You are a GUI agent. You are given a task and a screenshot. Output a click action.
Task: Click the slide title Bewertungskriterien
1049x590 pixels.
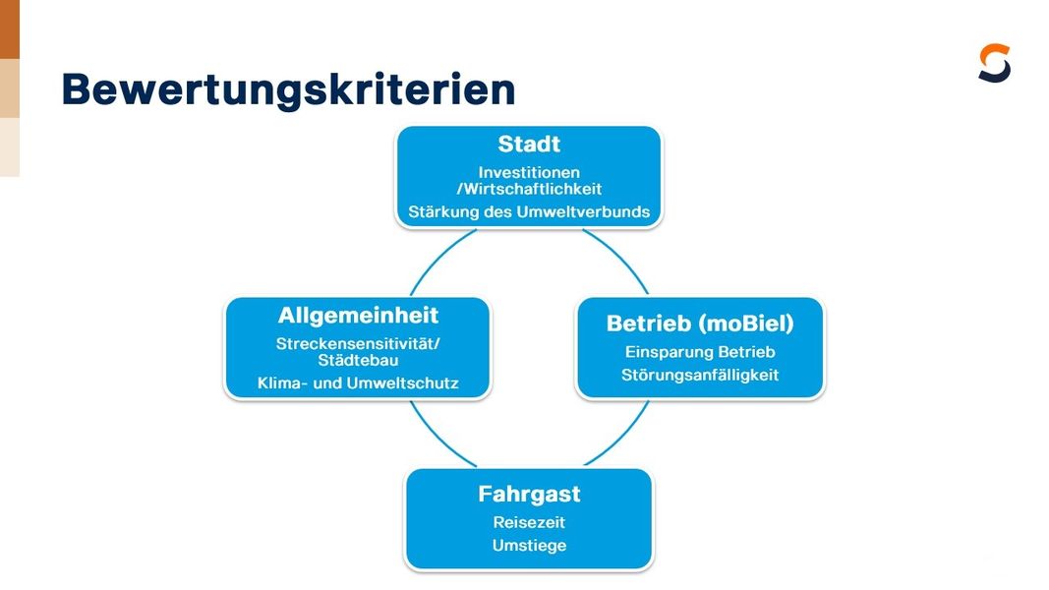[288, 90]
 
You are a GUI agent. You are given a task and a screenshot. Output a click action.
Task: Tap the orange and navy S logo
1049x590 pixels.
[994, 63]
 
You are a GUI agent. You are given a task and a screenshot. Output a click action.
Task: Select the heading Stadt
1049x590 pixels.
[529, 144]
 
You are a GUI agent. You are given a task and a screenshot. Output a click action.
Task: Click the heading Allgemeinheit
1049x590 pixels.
[358, 315]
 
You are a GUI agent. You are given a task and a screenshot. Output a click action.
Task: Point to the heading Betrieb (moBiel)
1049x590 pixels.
[700, 324]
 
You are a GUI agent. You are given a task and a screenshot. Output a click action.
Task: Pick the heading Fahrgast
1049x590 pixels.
[529, 494]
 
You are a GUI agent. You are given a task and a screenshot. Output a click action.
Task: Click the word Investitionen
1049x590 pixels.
[529, 172]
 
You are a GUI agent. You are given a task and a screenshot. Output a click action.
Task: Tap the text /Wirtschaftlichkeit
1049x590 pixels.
[529, 189]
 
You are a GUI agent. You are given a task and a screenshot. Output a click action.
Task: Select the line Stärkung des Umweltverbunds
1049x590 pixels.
[529, 212]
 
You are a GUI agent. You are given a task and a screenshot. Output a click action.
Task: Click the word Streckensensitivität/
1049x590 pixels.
[358, 344]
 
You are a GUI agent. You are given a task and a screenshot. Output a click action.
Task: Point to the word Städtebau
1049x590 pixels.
[358, 360]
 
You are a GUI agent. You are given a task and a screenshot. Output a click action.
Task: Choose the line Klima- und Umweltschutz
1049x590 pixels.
[358, 383]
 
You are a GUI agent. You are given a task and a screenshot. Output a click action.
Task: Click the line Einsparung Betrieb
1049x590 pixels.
[700, 352]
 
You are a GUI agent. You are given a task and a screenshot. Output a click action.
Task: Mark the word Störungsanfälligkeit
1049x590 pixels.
[700, 375]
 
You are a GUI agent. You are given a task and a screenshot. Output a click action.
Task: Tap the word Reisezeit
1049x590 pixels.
[529, 522]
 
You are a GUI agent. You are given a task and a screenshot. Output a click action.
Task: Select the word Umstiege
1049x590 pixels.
[529, 545]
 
